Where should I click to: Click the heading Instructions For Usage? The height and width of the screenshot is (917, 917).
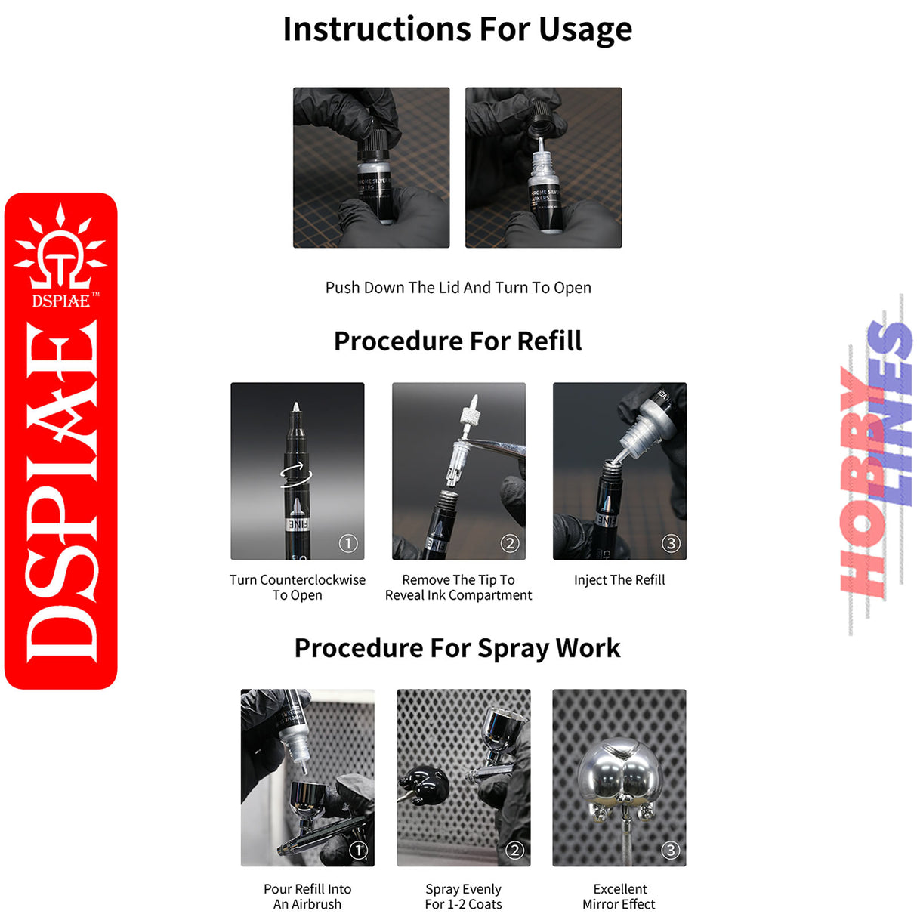click(x=457, y=30)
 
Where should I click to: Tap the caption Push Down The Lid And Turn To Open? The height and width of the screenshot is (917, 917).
click(x=458, y=288)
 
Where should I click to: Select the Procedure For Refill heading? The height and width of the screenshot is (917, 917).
click(x=458, y=341)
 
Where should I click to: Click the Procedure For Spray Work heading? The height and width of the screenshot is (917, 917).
click(x=457, y=648)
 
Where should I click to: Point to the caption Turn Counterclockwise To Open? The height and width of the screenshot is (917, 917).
click(x=297, y=588)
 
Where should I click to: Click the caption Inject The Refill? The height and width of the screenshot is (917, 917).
click(x=619, y=580)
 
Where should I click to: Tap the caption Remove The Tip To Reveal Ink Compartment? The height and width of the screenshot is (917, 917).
click(x=458, y=588)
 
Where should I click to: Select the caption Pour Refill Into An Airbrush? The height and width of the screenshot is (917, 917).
click(x=307, y=897)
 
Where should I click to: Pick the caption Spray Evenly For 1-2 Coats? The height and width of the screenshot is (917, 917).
click(x=463, y=897)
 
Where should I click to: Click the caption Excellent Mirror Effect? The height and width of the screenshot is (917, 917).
click(x=619, y=897)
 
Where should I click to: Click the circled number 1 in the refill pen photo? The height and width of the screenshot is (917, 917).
click(x=347, y=543)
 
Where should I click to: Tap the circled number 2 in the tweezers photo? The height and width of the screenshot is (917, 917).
click(x=510, y=543)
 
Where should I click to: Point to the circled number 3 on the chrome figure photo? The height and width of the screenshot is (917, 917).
click(x=670, y=850)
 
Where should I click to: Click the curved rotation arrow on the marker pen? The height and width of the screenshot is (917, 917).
click(x=296, y=475)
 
